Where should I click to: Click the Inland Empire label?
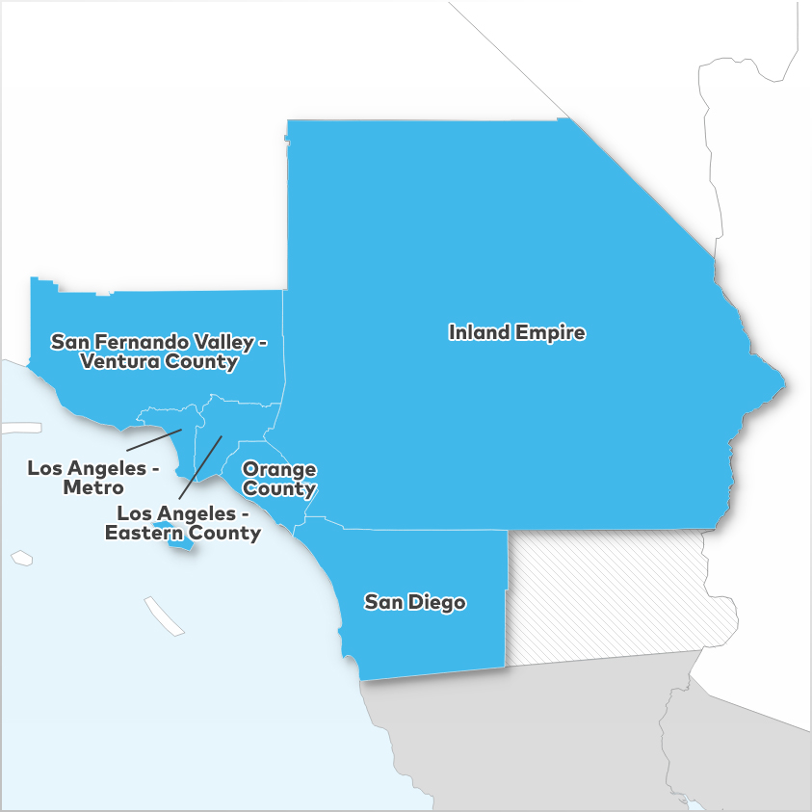pos(517,332)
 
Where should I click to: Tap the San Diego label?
pos(414,603)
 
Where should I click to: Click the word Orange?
pos(279,469)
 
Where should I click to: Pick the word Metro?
pos(93,487)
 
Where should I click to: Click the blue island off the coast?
pos(181,542)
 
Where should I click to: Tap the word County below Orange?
pos(279,489)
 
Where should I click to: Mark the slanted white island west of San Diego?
pos(164,616)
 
